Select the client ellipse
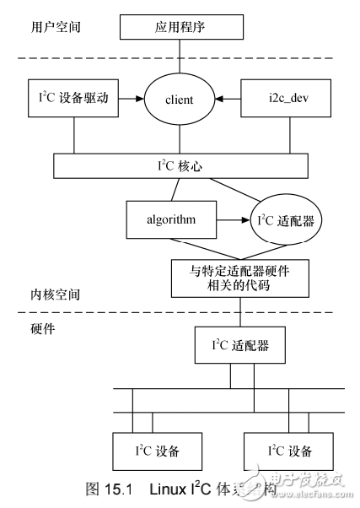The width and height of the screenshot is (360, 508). (x=180, y=100)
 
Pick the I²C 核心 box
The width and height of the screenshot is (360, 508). (x=181, y=165)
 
